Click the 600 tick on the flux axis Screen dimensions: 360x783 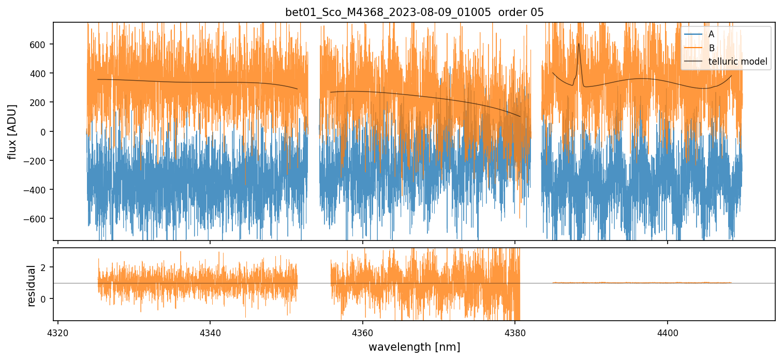coord(40,44)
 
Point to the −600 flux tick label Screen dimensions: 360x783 coord(38,219)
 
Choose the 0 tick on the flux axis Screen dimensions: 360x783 coord(45,131)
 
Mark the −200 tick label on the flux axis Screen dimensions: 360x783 coord(38,161)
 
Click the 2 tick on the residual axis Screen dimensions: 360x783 coord(45,267)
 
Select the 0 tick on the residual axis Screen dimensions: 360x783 coord(45,299)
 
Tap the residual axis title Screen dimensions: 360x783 coord(32,286)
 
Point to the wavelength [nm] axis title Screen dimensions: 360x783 coord(414,347)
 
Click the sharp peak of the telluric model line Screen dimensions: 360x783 coord(579,43)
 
